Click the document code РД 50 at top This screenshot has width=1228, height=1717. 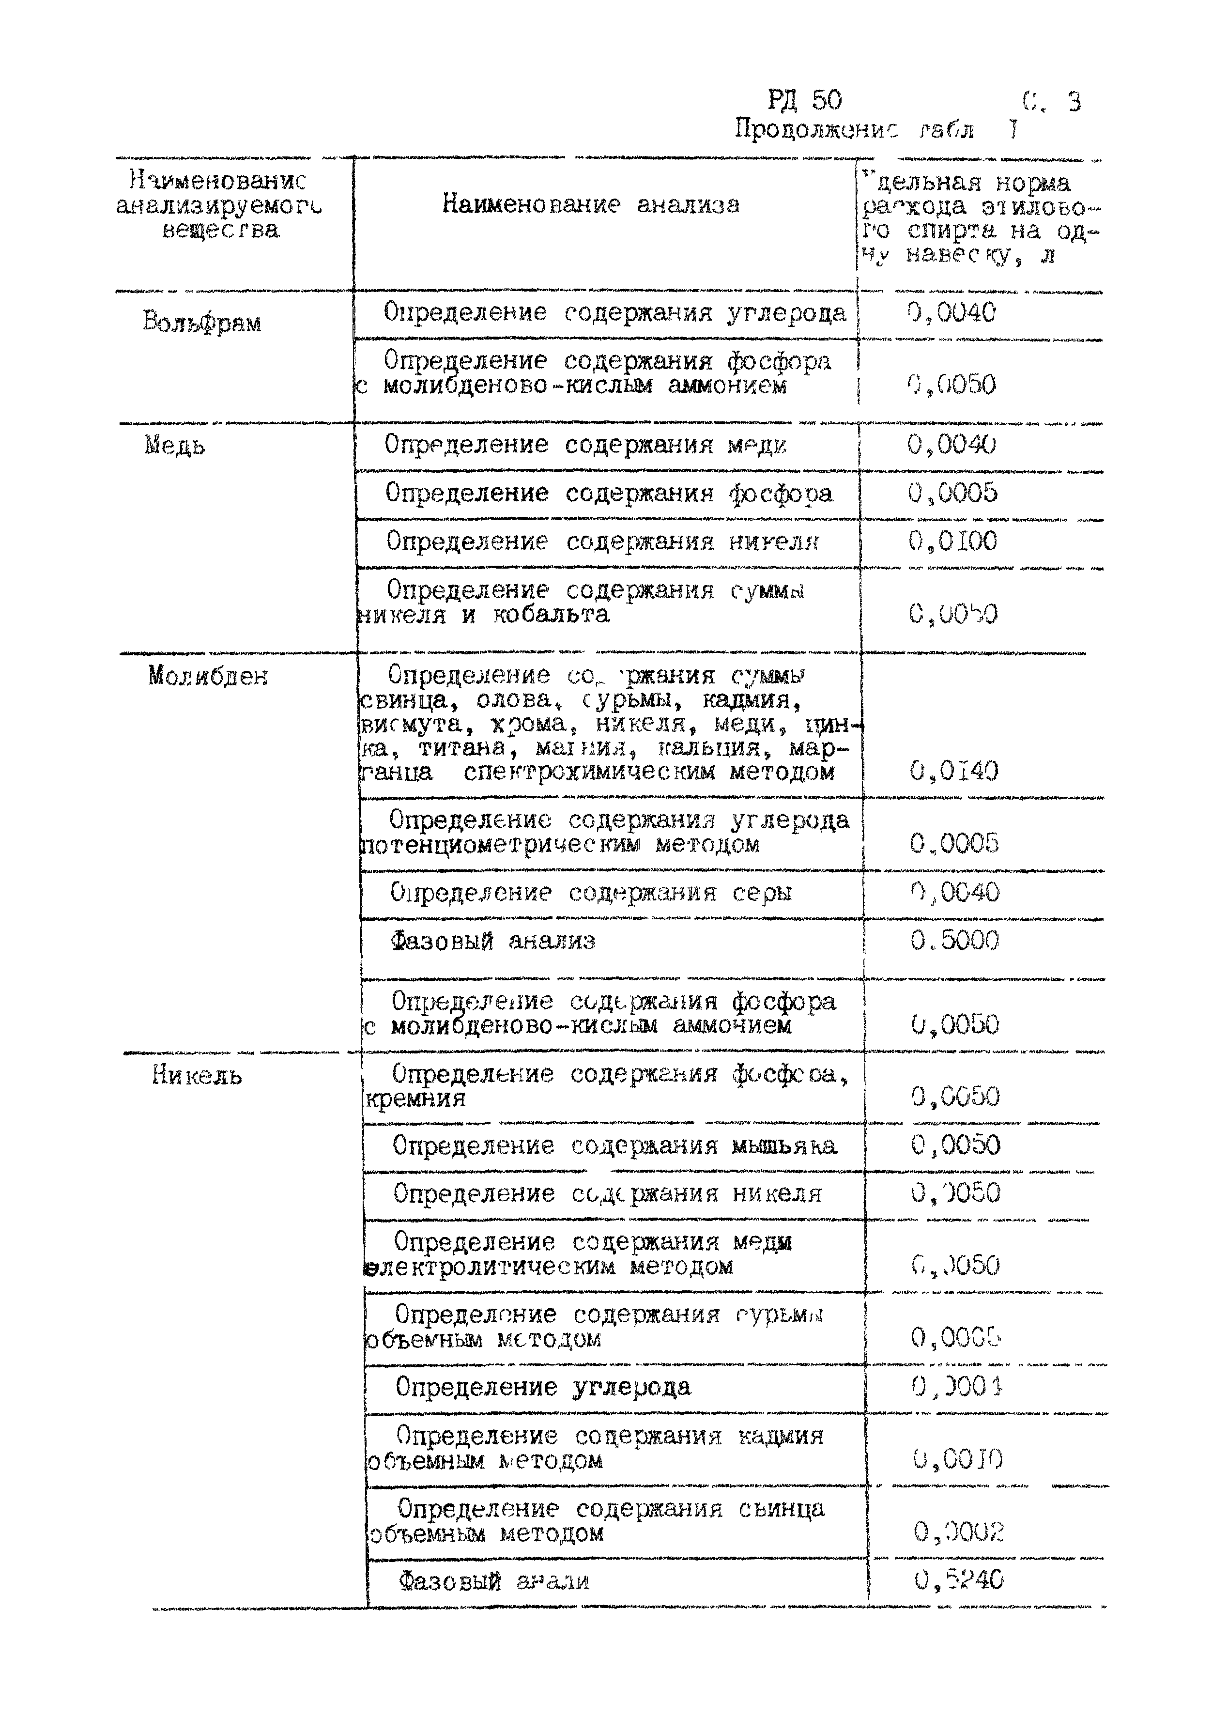805,101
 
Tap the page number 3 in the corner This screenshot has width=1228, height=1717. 1074,102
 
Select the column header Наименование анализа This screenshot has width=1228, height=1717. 591,204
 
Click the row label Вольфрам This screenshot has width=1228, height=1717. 202,323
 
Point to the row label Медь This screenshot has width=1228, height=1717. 175,446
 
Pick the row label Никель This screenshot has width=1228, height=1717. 197,1075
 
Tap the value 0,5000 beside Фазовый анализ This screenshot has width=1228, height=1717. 954,941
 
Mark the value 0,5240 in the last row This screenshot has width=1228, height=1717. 958,1579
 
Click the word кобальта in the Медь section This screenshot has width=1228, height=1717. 551,614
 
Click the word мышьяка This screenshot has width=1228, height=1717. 784,1146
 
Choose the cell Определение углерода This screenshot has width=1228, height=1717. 543,1387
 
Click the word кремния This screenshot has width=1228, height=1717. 415,1098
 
